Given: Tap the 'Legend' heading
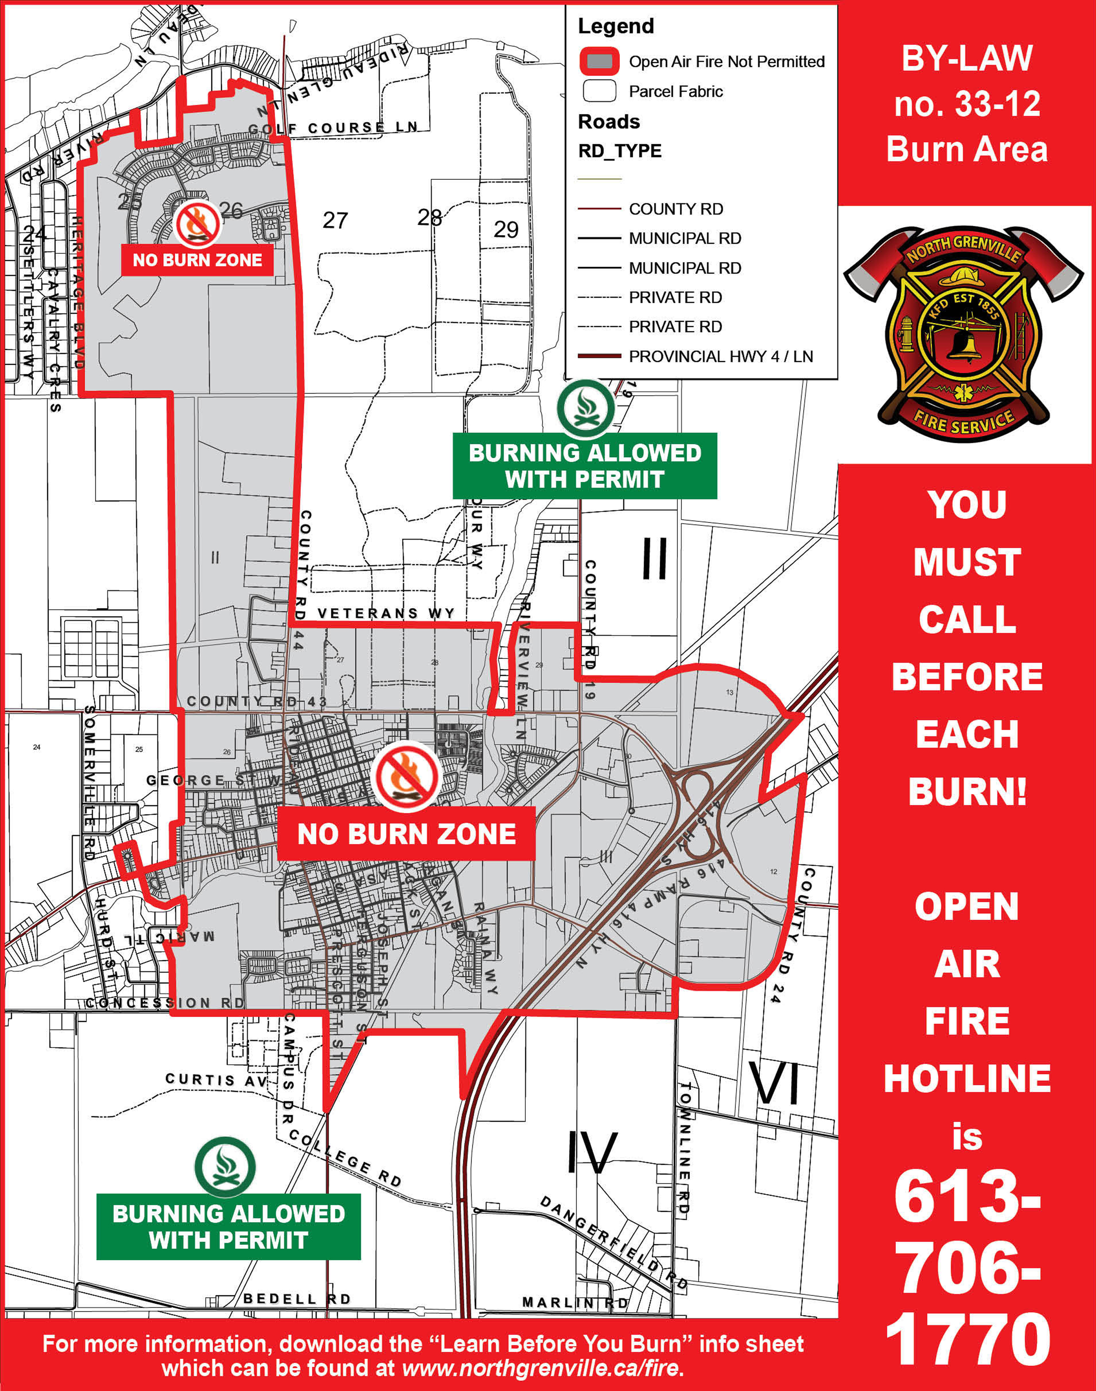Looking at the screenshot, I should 615,26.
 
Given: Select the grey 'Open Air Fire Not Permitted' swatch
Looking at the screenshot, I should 599,62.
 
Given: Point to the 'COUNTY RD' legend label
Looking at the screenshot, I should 676,209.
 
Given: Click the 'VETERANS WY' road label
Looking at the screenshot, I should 386,614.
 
